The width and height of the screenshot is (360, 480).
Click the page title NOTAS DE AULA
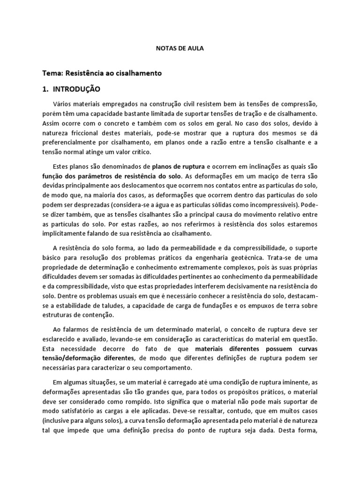pos(180,48)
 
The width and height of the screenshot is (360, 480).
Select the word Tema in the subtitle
pos(51,74)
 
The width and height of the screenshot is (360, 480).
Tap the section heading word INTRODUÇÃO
pos(76,89)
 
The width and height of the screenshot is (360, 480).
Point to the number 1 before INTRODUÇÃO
pos(45,89)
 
